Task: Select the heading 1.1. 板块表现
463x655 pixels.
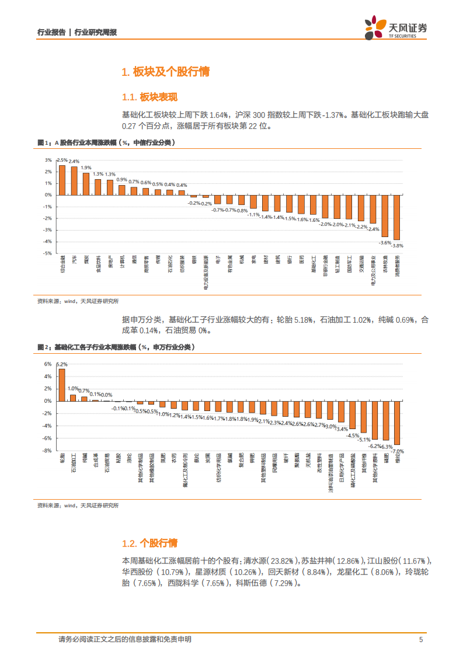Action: [x=149, y=97]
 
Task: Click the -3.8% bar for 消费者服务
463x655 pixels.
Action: [x=397, y=217]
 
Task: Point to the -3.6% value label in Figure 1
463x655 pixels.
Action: [x=385, y=242]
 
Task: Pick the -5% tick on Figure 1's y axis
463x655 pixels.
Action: [x=47, y=253]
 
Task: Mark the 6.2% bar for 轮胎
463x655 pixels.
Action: [x=62, y=385]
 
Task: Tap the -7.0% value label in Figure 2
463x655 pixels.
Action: [x=398, y=451]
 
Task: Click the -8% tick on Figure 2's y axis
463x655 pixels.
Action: [x=47, y=450]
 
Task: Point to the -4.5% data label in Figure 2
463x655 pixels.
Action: [x=353, y=435]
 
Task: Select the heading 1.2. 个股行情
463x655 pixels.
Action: [x=149, y=543]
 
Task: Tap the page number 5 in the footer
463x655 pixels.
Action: [x=420, y=639]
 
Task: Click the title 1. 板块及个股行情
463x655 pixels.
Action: [x=165, y=72]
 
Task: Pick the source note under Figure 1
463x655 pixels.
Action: [x=78, y=301]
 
